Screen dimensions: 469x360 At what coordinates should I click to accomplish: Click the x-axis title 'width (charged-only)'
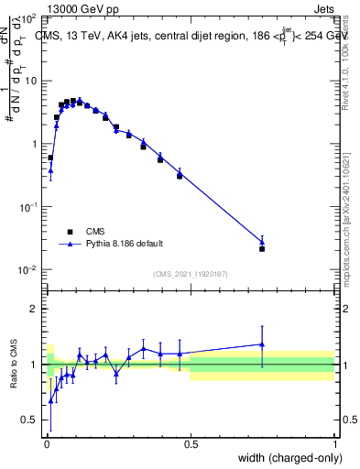coord(284,457)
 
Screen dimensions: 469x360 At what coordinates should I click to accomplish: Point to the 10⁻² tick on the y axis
coord(29,269)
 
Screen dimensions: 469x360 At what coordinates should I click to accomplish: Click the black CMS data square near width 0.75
coord(262,249)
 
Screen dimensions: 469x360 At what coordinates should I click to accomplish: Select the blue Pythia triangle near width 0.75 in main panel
coord(262,242)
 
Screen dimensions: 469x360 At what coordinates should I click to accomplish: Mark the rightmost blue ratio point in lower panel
coord(262,344)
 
